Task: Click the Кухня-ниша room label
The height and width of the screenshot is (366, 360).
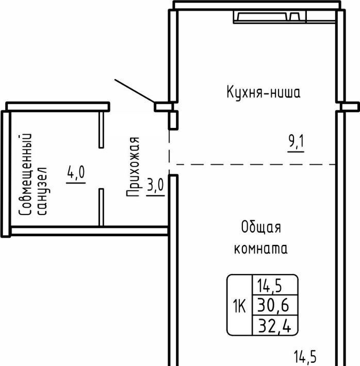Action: (264, 92)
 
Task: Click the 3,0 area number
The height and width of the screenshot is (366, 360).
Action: (156, 185)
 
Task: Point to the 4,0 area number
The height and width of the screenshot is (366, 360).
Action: (76, 172)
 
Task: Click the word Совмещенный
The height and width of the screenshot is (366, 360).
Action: (25, 174)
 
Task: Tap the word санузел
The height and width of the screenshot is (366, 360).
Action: (43, 191)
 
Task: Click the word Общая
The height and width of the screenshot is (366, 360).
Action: (261, 227)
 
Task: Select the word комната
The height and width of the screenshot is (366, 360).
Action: (260, 248)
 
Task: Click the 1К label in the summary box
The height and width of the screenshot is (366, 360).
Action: (239, 306)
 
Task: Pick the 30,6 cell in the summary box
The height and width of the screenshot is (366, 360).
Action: (273, 305)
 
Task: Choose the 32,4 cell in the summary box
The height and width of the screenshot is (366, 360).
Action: (274, 326)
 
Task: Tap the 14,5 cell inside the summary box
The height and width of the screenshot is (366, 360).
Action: (269, 286)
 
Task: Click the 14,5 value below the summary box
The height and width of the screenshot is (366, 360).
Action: (305, 356)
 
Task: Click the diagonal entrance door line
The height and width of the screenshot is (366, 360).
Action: (134, 91)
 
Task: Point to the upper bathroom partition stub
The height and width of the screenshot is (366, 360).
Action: (101, 130)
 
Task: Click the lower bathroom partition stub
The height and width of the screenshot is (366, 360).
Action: (101, 207)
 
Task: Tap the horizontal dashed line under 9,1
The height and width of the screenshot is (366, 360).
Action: (256, 164)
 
